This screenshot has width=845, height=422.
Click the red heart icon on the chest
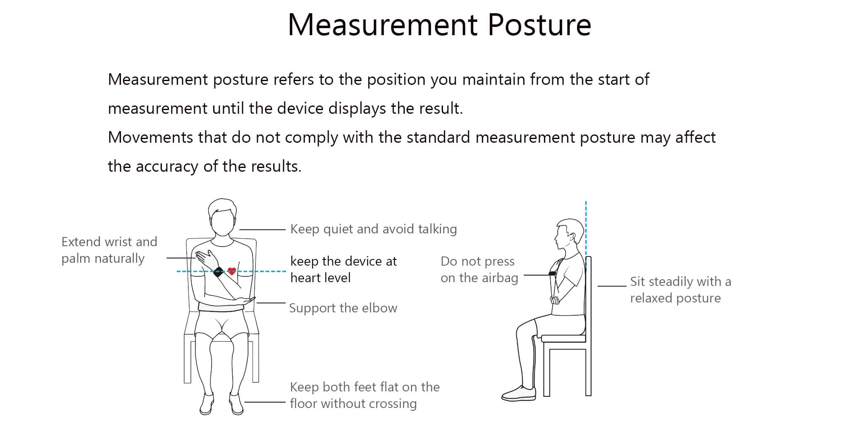click(x=232, y=271)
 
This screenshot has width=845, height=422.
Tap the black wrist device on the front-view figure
click(x=219, y=272)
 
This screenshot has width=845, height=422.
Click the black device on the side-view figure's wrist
click(x=552, y=273)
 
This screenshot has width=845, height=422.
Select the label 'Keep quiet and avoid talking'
click(x=373, y=229)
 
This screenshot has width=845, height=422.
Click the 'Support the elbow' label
click(x=343, y=308)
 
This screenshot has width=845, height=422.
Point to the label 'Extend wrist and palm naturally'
click(x=109, y=250)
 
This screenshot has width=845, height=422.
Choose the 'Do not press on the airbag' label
click(x=479, y=270)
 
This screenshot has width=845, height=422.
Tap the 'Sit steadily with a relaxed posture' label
click(x=681, y=290)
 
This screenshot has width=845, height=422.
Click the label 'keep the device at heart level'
click(x=344, y=269)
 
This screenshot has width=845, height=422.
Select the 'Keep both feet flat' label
click(x=365, y=395)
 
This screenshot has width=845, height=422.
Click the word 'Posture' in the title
click(x=539, y=25)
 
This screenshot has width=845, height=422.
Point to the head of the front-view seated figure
click(x=223, y=217)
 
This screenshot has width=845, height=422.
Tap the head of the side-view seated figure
click(x=569, y=234)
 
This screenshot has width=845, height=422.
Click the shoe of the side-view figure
click(x=519, y=393)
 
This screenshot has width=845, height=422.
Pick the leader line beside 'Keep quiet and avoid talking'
click(x=262, y=230)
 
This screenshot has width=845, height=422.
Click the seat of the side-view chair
click(x=563, y=338)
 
